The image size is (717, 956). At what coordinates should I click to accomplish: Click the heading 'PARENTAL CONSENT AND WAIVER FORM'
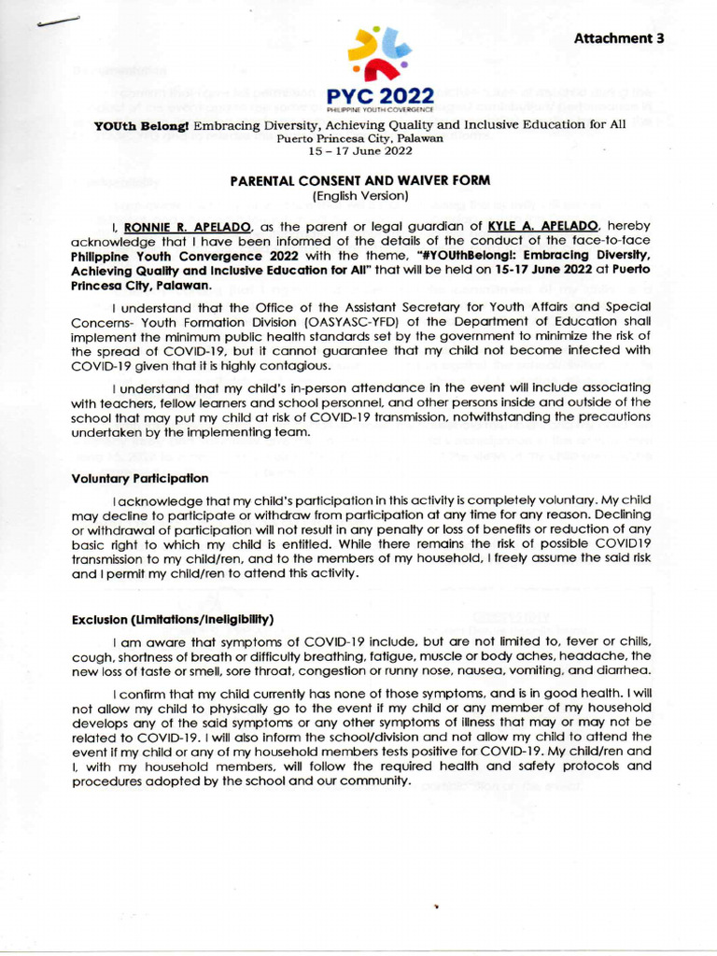(x=359, y=181)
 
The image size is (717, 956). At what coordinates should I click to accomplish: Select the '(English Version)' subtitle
(x=359, y=196)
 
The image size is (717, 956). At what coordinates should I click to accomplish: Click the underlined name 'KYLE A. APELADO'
(x=536, y=226)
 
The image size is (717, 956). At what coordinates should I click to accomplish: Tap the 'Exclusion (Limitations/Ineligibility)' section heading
(x=173, y=620)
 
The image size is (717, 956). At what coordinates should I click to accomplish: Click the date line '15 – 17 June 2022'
(x=359, y=151)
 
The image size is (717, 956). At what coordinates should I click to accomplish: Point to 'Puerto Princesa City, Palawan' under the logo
(x=359, y=138)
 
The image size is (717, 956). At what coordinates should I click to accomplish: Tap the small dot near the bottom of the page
(x=436, y=906)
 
